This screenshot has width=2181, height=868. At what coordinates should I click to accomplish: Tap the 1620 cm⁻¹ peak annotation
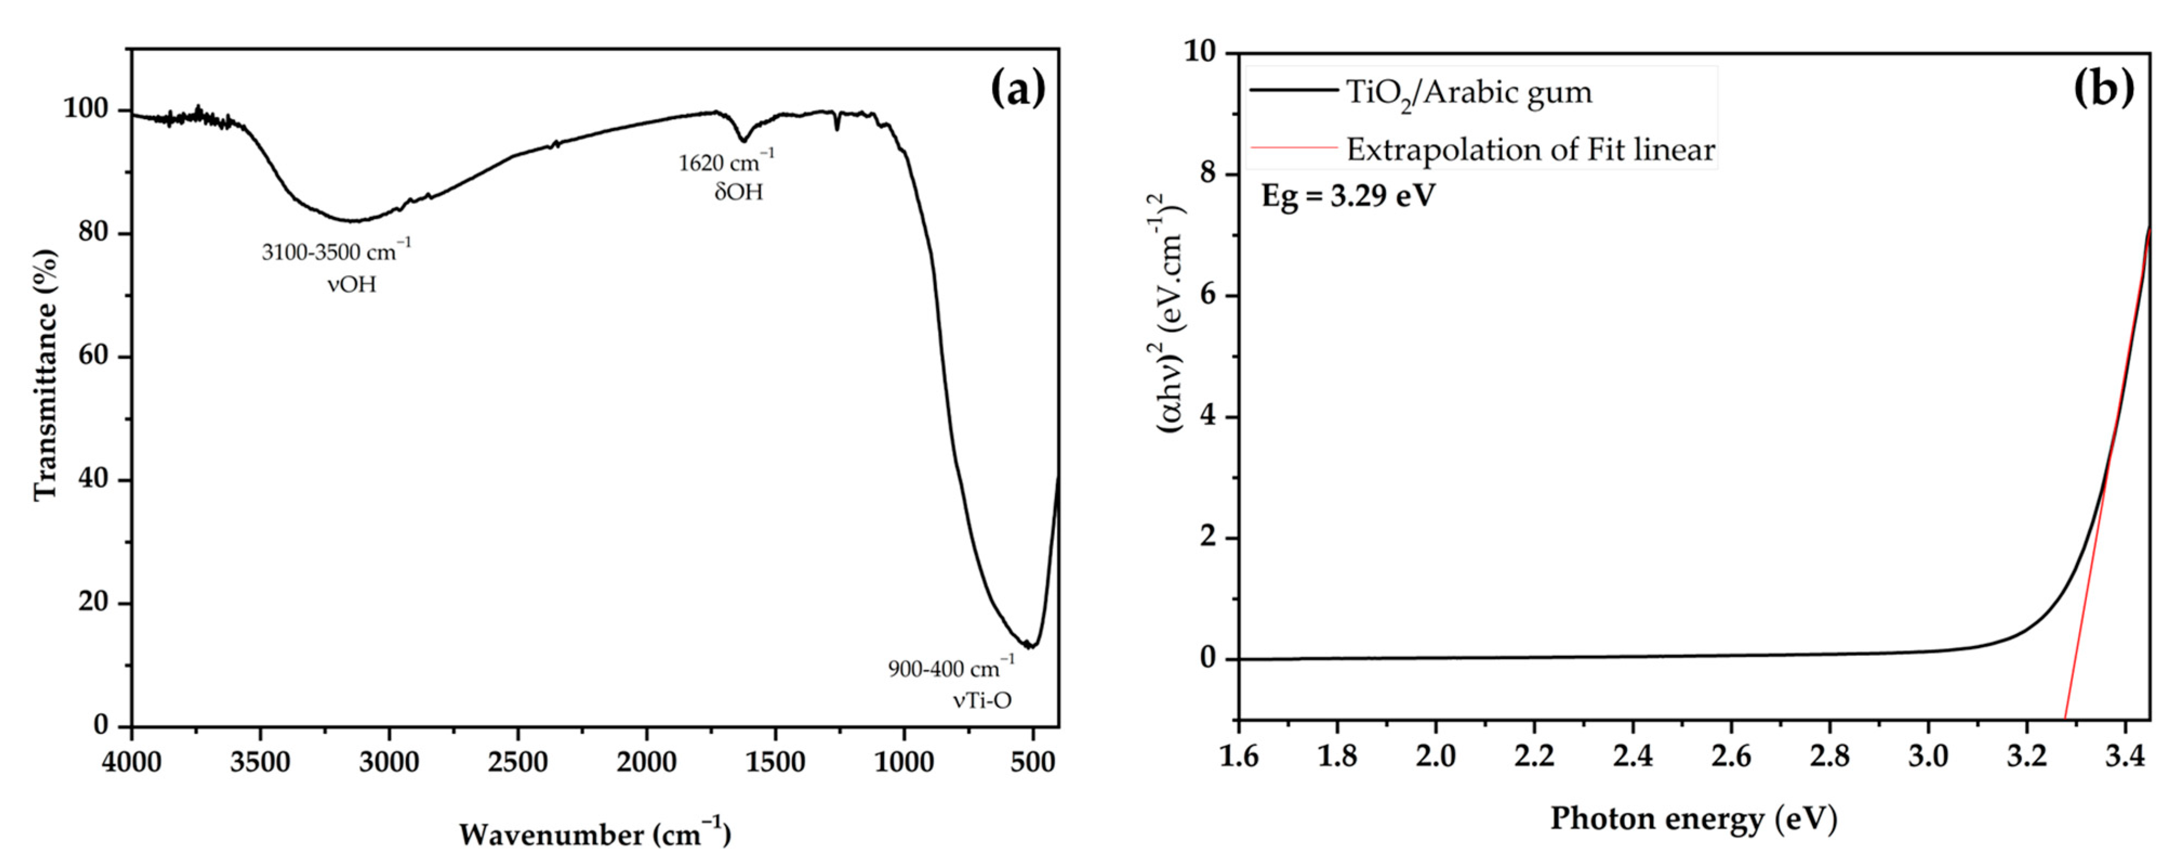(x=726, y=161)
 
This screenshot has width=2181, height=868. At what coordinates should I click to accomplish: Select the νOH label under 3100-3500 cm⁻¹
(x=352, y=284)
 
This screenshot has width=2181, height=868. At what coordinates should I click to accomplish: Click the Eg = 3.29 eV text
(x=1348, y=196)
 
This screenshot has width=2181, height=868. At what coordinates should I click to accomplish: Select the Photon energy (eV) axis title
(x=1693, y=819)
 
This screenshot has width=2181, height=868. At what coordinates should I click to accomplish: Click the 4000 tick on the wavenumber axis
(x=131, y=761)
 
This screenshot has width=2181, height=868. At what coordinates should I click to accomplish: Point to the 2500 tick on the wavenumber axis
(x=518, y=761)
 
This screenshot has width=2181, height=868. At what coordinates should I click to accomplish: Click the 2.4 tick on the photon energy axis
(x=1632, y=754)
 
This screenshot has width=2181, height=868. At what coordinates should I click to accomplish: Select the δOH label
(x=738, y=192)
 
